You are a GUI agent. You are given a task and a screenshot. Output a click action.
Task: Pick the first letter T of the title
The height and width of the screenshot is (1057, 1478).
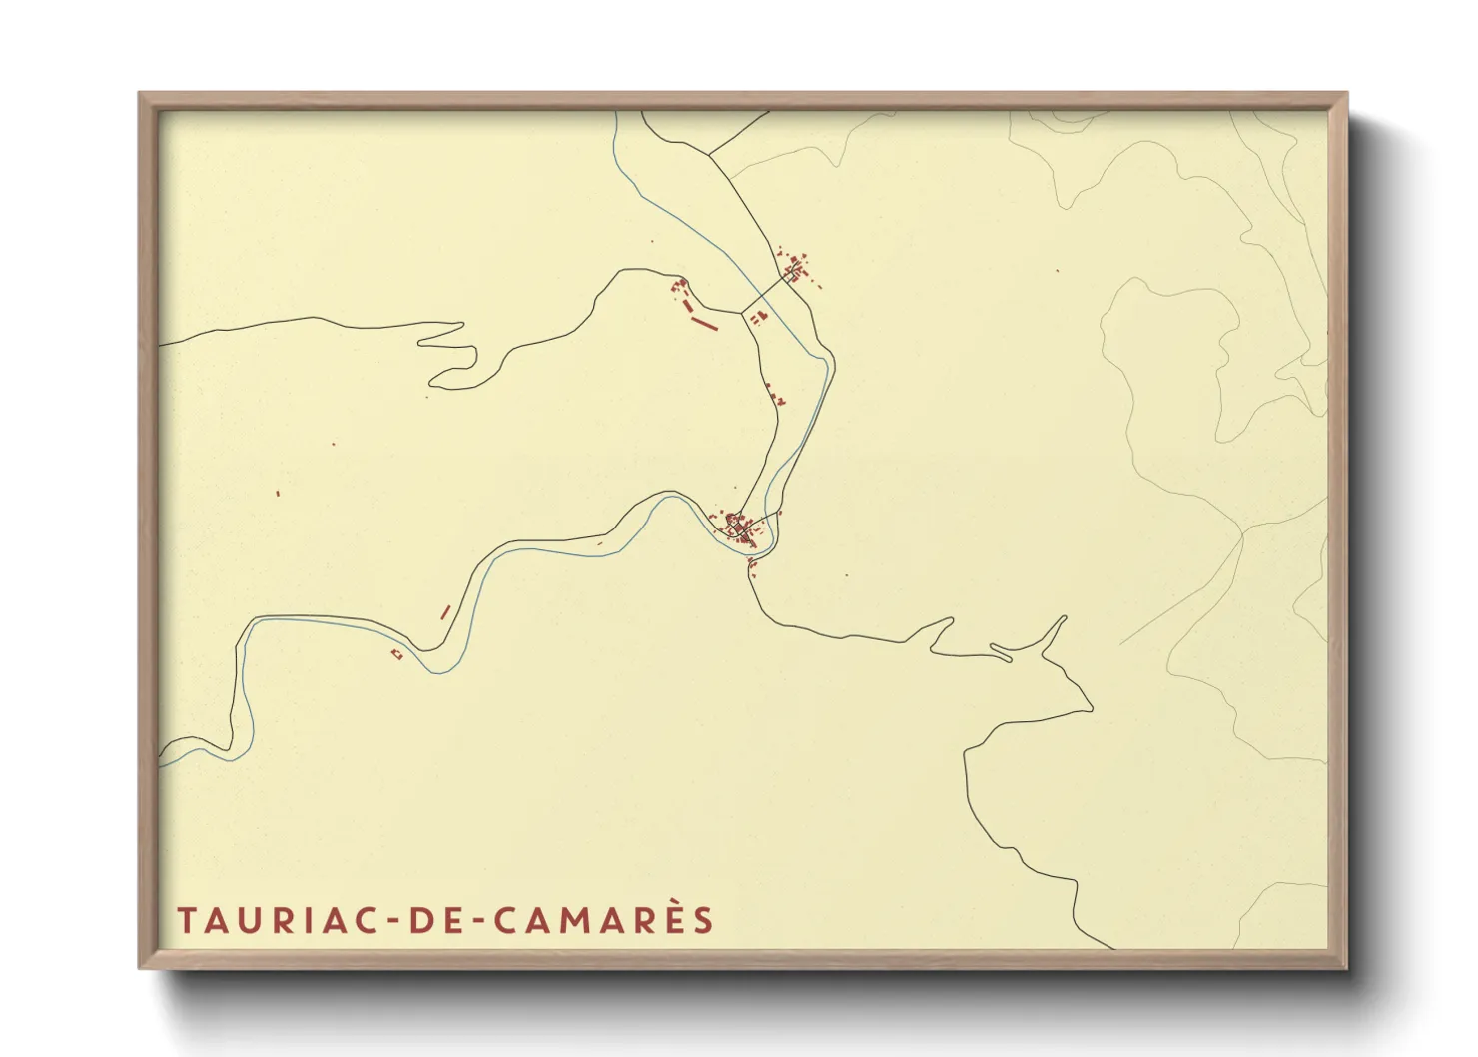[186, 920]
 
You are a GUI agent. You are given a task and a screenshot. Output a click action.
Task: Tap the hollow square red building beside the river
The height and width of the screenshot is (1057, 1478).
[396, 654]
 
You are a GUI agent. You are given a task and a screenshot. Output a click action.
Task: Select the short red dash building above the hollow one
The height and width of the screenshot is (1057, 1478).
[445, 611]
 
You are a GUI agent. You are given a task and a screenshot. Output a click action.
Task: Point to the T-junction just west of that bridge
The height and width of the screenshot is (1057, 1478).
[740, 312]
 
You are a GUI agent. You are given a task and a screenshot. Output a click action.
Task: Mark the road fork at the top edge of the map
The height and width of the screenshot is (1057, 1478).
[713, 155]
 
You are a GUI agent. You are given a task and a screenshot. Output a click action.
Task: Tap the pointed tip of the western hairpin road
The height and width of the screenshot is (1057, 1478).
[461, 324]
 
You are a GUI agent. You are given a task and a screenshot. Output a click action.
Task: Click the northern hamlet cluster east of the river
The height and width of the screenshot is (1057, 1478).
[796, 268]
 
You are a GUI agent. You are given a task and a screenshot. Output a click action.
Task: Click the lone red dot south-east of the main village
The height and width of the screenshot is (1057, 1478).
[846, 575]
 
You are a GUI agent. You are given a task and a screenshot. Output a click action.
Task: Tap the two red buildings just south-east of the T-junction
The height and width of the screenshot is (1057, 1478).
[757, 318]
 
